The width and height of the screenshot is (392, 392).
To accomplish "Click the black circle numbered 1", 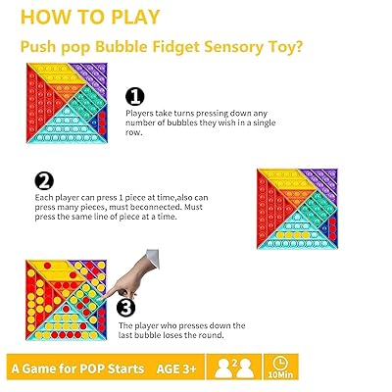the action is point(135,97).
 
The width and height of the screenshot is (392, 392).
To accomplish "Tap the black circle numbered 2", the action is point(44,180).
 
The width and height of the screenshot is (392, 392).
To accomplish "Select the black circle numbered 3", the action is point(125,308).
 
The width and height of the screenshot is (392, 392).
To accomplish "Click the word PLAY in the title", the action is point(135,17).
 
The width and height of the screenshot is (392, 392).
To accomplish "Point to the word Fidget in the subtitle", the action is point(175,47).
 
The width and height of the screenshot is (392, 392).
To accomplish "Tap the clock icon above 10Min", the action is point(280,363).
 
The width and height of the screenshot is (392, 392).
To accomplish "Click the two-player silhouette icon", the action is point(234,367).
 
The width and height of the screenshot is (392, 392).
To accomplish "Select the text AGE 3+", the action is point(176,368).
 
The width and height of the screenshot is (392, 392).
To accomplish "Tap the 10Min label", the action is point(280,374).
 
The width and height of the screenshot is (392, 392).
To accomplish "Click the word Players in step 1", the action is point(139,114).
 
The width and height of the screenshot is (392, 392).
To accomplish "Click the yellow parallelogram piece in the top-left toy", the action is point(57,73).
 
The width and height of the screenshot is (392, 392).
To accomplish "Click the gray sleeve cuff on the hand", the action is point(153,258).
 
